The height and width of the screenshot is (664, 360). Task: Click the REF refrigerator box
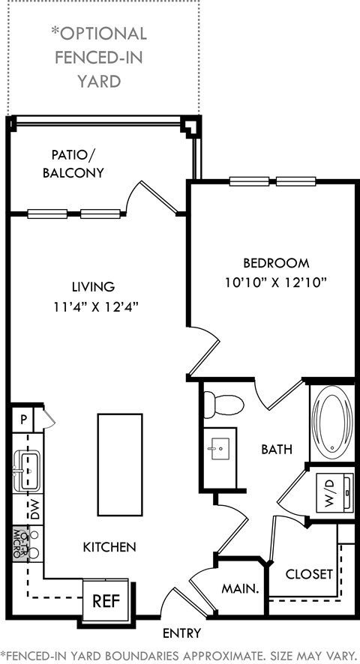(x=106, y=600)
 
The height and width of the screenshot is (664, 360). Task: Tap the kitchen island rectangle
(x=120, y=465)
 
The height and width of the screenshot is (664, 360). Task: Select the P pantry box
(x=23, y=419)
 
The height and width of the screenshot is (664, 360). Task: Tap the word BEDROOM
(x=276, y=263)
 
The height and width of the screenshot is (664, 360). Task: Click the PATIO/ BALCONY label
(x=77, y=163)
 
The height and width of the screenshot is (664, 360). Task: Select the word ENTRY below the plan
(x=181, y=633)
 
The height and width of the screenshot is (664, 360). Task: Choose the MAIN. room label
(x=239, y=589)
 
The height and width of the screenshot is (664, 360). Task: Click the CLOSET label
(x=310, y=574)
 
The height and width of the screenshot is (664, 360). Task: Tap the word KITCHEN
(x=109, y=547)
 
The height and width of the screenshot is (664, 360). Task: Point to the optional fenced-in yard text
(x=99, y=57)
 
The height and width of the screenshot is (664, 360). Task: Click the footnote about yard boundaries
(x=180, y=654)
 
